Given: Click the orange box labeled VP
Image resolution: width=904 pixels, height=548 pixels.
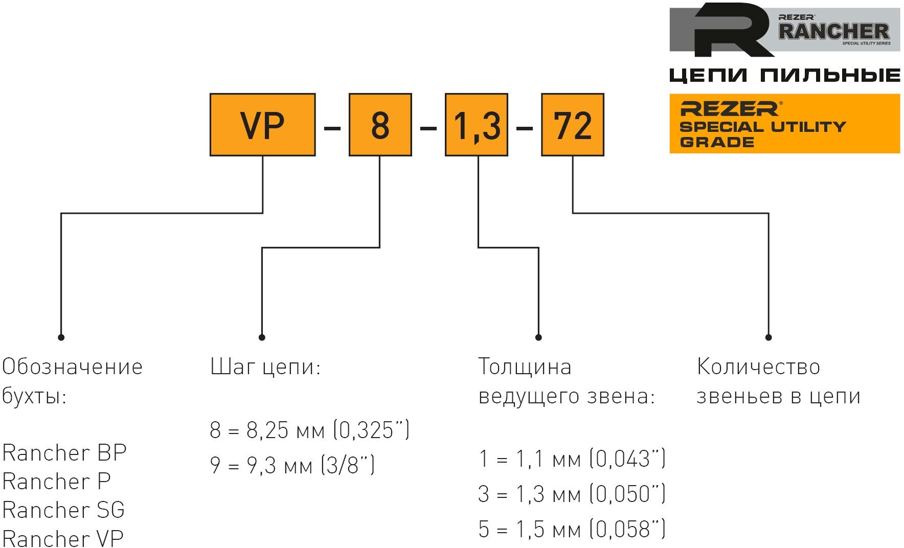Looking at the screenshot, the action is [262, 125].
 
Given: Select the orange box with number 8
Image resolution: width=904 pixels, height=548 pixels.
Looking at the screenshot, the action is [380, 125].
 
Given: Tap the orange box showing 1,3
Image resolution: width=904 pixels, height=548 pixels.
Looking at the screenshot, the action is [476, 125].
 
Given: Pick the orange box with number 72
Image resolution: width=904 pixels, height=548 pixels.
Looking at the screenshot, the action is [572, 125].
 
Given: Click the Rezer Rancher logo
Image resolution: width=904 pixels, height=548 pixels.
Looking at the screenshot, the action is [784, 30].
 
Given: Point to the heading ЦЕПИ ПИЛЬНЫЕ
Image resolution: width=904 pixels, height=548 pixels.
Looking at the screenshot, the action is [784, 76].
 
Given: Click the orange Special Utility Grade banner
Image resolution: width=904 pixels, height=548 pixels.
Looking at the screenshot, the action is [784, 124].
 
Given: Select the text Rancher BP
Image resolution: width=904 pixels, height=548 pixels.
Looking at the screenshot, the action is [64, 453].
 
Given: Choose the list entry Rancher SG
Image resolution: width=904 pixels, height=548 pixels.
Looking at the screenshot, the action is [63, 510].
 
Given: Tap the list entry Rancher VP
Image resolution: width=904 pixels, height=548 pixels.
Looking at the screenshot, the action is [63, 538].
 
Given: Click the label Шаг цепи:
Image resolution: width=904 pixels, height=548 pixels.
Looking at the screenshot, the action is [265, 367].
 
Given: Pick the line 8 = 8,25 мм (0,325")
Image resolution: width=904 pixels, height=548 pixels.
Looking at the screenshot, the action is [309, 430].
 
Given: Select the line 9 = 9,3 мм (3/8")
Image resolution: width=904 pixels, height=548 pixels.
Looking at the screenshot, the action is [292, 465].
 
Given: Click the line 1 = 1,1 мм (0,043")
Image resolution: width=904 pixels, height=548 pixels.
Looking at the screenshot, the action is [572, 459].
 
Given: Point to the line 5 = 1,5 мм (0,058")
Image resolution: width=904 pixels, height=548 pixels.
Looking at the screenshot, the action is [572, 529].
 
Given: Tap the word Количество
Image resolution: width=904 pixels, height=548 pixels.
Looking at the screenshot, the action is [758, 367].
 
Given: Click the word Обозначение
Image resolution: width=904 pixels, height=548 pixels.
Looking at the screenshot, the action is [72, 367].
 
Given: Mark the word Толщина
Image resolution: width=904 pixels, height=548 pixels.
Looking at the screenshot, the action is [525, 367].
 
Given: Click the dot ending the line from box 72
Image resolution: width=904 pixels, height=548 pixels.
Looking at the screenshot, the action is [768, 337].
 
